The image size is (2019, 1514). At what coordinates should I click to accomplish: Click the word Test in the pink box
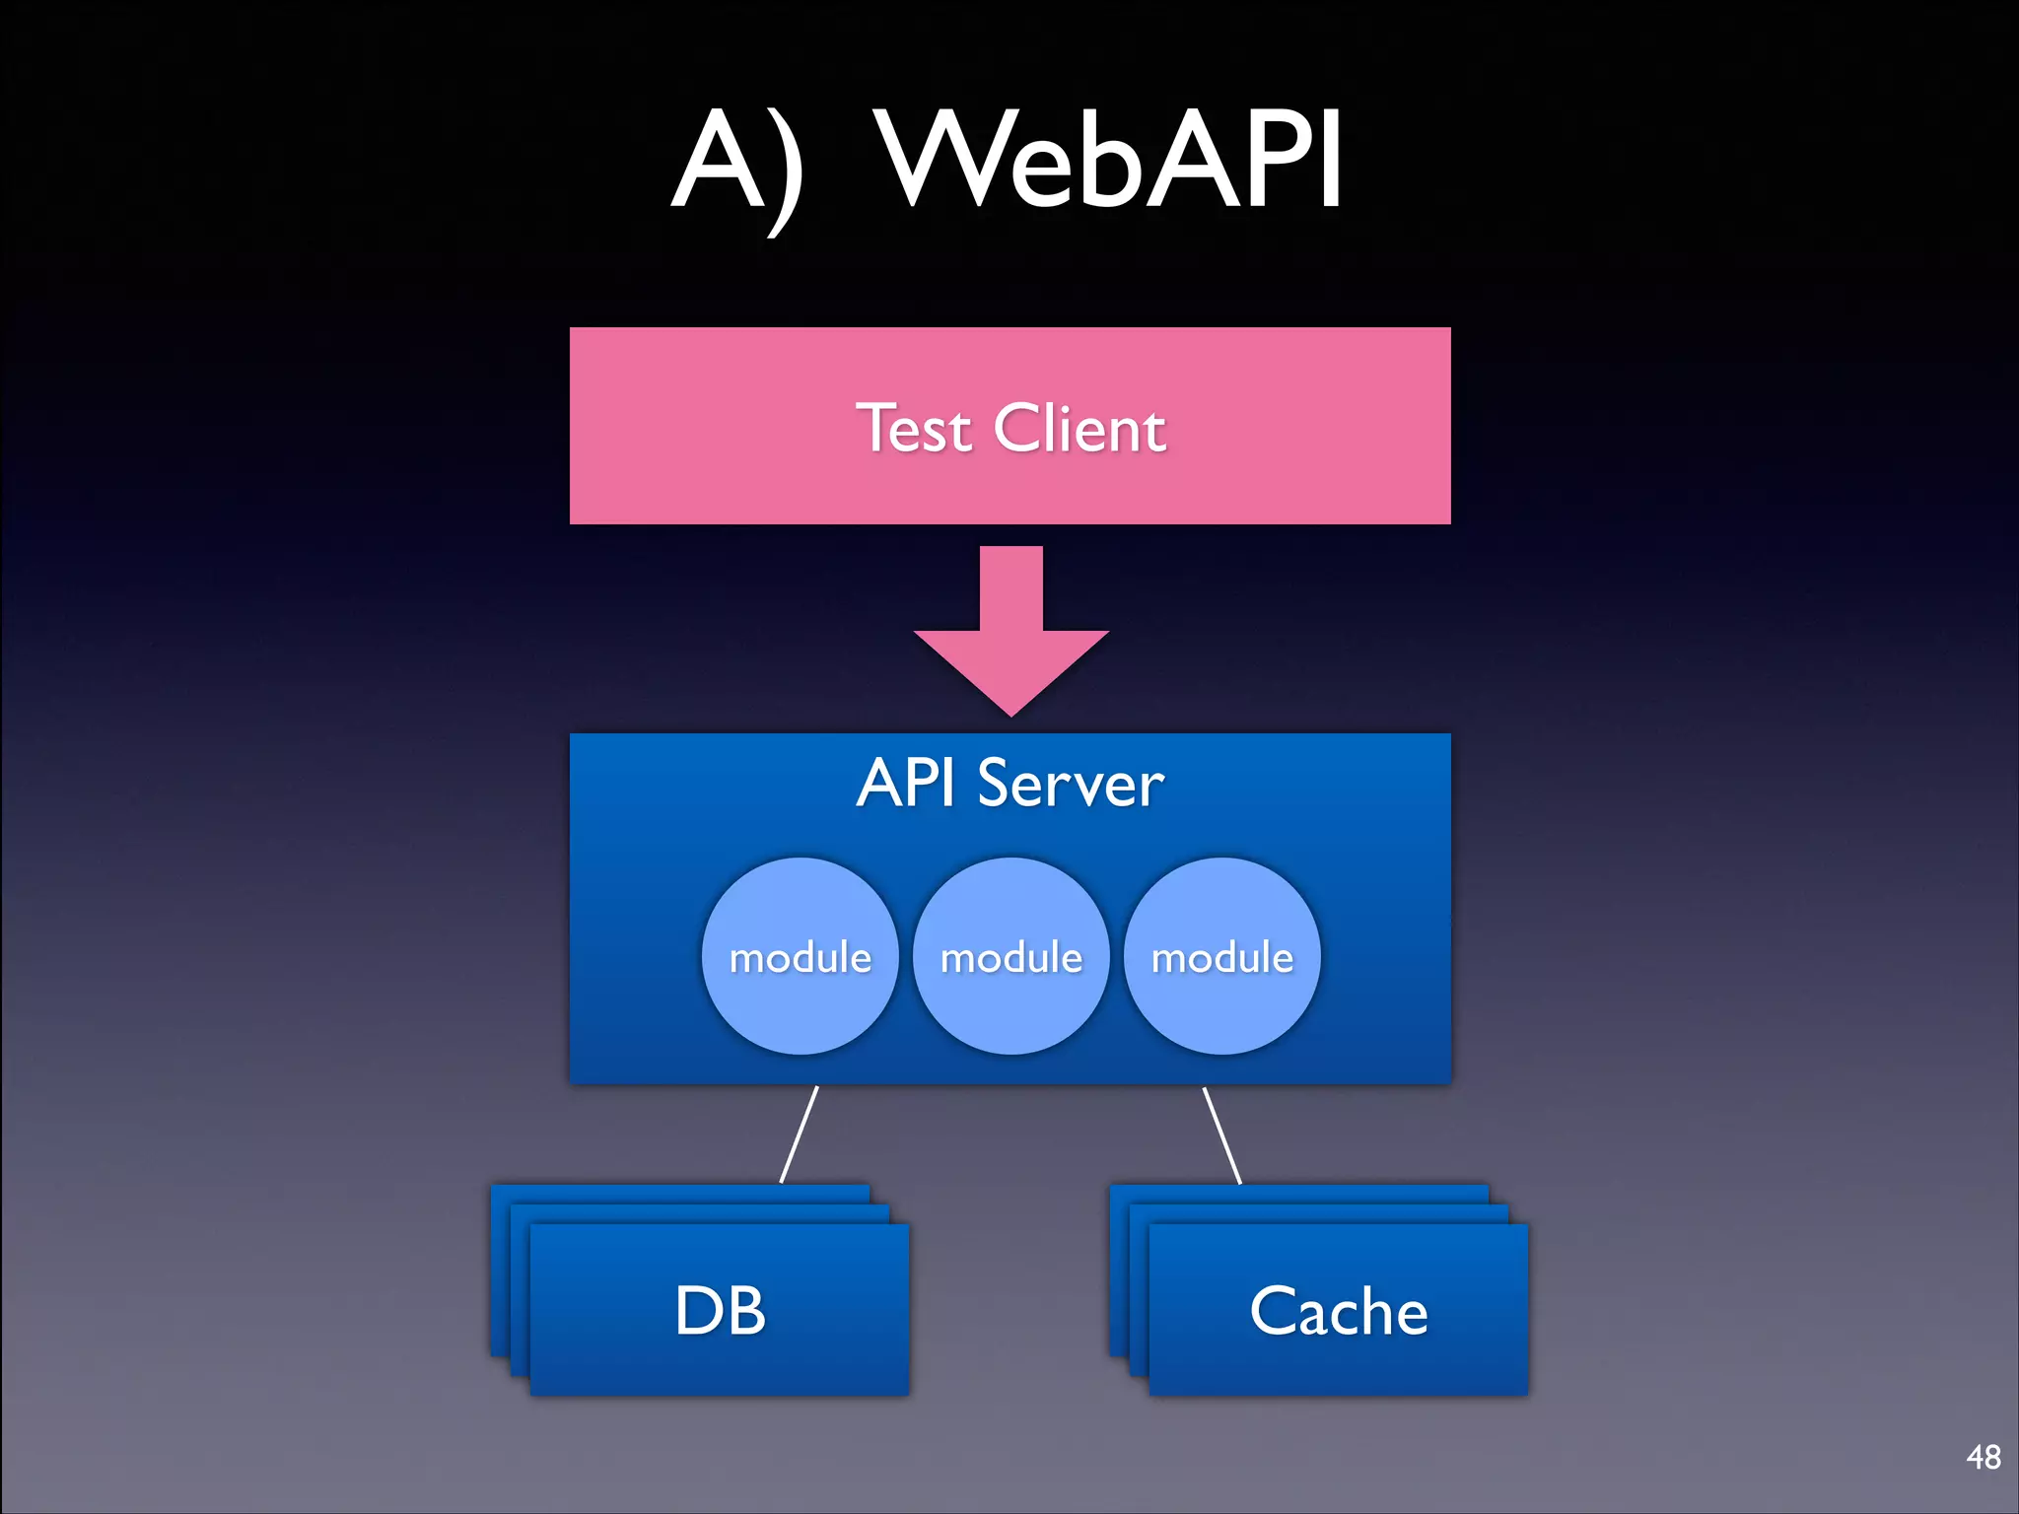pos(914,430)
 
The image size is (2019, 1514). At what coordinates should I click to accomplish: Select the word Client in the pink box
pos(1079,430)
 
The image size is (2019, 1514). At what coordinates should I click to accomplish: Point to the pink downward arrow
pos(1011,621)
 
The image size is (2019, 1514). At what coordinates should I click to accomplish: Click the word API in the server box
pos(905,785)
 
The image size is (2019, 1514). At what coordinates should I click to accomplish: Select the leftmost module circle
pos(801,956)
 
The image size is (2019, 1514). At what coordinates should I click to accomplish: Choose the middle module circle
pos(1011,956)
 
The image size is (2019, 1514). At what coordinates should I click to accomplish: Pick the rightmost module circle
pos(1222,956)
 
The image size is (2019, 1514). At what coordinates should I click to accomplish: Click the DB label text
pos(720,1311)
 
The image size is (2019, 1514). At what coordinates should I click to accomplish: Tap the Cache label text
pos(1339,1311)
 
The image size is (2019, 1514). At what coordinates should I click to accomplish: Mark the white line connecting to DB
pos(800,1134)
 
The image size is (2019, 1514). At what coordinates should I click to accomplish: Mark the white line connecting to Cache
pos(1222,1134)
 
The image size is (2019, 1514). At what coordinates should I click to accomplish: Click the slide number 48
pos(1983,1457)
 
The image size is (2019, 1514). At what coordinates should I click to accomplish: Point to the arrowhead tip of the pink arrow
pos(1011,712)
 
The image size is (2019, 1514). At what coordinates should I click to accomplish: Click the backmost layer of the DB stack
pos(680,1193)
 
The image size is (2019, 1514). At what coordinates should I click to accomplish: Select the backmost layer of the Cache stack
pos(1299,1193)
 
